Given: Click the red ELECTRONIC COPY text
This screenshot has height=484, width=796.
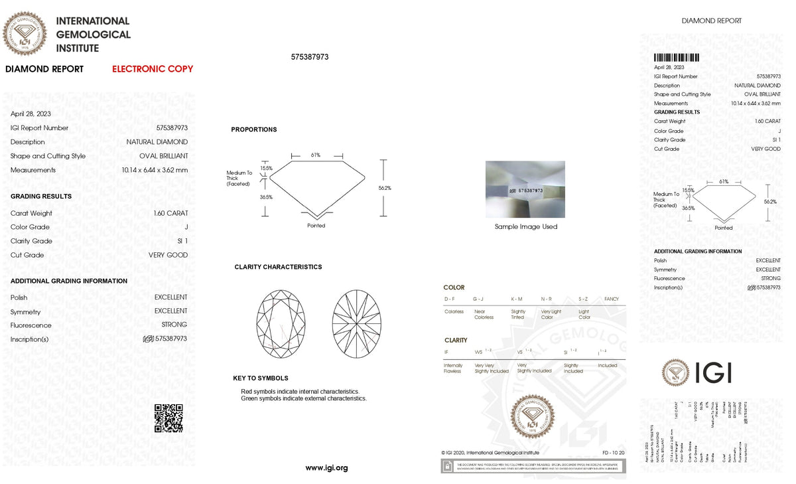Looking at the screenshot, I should (x=153, y=69).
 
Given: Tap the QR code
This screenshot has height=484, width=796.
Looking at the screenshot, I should (x=168, y=418).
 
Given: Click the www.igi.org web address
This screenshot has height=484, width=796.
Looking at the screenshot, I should (x=326, y=468).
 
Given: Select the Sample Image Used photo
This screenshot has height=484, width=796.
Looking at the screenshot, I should (x=525, y=189).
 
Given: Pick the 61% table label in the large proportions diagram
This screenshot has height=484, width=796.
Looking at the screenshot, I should (x=315, y=155).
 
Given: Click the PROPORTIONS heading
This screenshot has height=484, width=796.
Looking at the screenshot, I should (x=254, y=129).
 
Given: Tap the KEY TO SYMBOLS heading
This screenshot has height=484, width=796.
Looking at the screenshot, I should (x=261, y=378).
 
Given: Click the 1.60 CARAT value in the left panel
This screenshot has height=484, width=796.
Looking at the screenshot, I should (x=170, y=213).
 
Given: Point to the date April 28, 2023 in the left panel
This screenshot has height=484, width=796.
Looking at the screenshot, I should (x=31, y=114).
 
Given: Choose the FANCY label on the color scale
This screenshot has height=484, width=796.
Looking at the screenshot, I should (x=611, y=299).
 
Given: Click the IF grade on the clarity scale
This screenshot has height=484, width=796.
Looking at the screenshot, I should (x=446, y=351).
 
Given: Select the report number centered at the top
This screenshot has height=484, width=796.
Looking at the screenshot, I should (x=310, y=57).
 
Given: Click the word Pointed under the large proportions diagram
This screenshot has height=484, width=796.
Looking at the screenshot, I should (x=316, y=226).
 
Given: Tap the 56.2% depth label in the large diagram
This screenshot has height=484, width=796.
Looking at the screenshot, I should (x=385, y=188).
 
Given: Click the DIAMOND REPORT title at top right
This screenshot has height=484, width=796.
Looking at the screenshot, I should (x=712, y=21).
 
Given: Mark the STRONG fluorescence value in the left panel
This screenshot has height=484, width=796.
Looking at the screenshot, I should (x=174, y=325).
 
